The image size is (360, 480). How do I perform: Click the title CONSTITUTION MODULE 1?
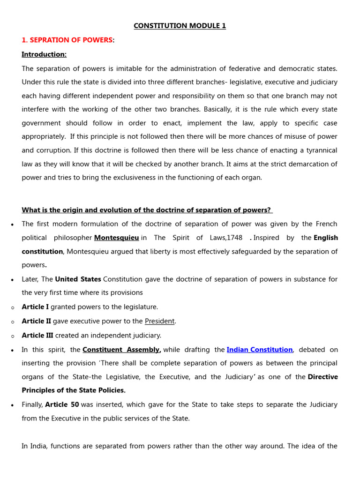tap(180, 26)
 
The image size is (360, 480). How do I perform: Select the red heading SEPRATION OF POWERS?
tap(67, 40)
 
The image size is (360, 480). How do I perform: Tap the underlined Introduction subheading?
tap(44, 54)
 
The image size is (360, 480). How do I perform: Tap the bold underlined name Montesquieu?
tap(116, 238)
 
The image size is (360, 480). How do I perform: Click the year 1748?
tap(234, 238)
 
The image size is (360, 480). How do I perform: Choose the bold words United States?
tap(78, 279)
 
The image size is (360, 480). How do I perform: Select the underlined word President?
tap(159, 321)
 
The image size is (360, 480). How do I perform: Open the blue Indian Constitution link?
tap(260, 350)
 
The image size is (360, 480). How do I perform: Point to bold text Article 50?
tap(62, 405)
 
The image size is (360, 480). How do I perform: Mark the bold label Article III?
tap(37, 335)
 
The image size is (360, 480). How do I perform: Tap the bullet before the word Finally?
tap(12, 405)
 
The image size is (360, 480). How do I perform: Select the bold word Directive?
tap(322, 377)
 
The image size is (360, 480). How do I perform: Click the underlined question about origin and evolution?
tap(147, 210)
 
